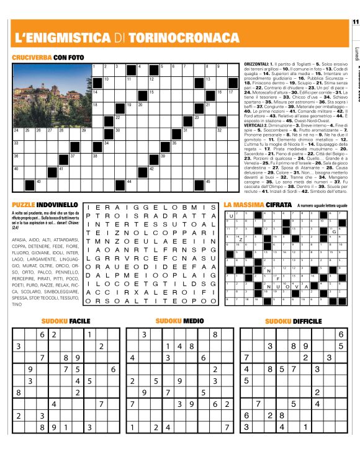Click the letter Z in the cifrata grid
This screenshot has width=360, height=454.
(240, 239)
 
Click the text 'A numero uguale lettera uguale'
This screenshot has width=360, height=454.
(321, 205)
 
